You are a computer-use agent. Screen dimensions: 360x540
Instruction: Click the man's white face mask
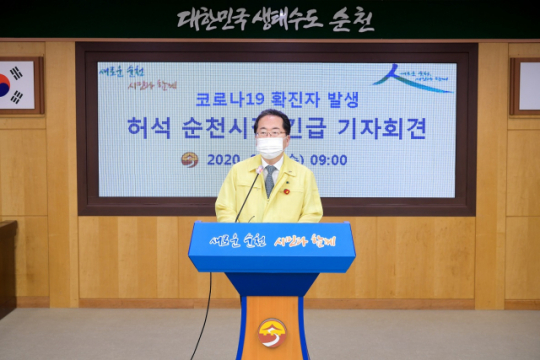(x=269, y=148)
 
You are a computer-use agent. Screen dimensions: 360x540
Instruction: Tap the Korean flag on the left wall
(x=16, y=85)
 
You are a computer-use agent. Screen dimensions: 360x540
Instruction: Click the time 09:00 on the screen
(x=328, y=160)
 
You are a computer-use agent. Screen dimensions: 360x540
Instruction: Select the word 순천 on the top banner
(x=353, y=20)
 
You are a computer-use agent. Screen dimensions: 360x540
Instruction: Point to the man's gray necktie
(x=269, y=179)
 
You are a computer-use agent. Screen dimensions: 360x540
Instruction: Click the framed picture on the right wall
(x=526, y=86)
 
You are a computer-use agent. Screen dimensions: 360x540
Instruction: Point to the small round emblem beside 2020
(x=189, y=160)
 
